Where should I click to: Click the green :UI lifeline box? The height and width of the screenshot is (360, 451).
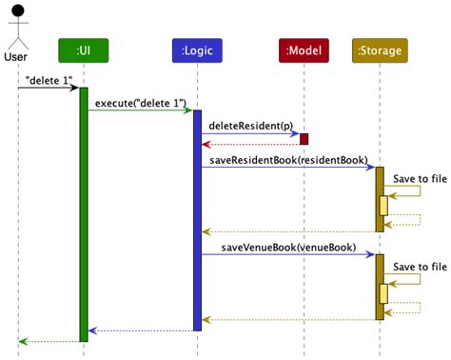click(x=83, y=49)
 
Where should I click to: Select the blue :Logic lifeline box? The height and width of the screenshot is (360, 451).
click(x=197, y=49)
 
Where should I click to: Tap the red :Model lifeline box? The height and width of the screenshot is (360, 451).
click(x=304, y=49)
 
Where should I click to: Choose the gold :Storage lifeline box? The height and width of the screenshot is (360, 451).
click(x=379, y=49)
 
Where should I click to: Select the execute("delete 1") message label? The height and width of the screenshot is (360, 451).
click(x=141, y=102)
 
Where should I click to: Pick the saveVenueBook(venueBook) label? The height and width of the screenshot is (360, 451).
click(x=288, y=247)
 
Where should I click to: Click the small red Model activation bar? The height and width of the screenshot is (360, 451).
click(x=304, y=139)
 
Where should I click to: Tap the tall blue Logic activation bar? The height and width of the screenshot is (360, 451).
click(x=197, y=219)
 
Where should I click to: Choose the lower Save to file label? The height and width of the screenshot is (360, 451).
click(x=420, y=267)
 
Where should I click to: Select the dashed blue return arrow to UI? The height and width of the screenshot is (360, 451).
click(x=140, y=330)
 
